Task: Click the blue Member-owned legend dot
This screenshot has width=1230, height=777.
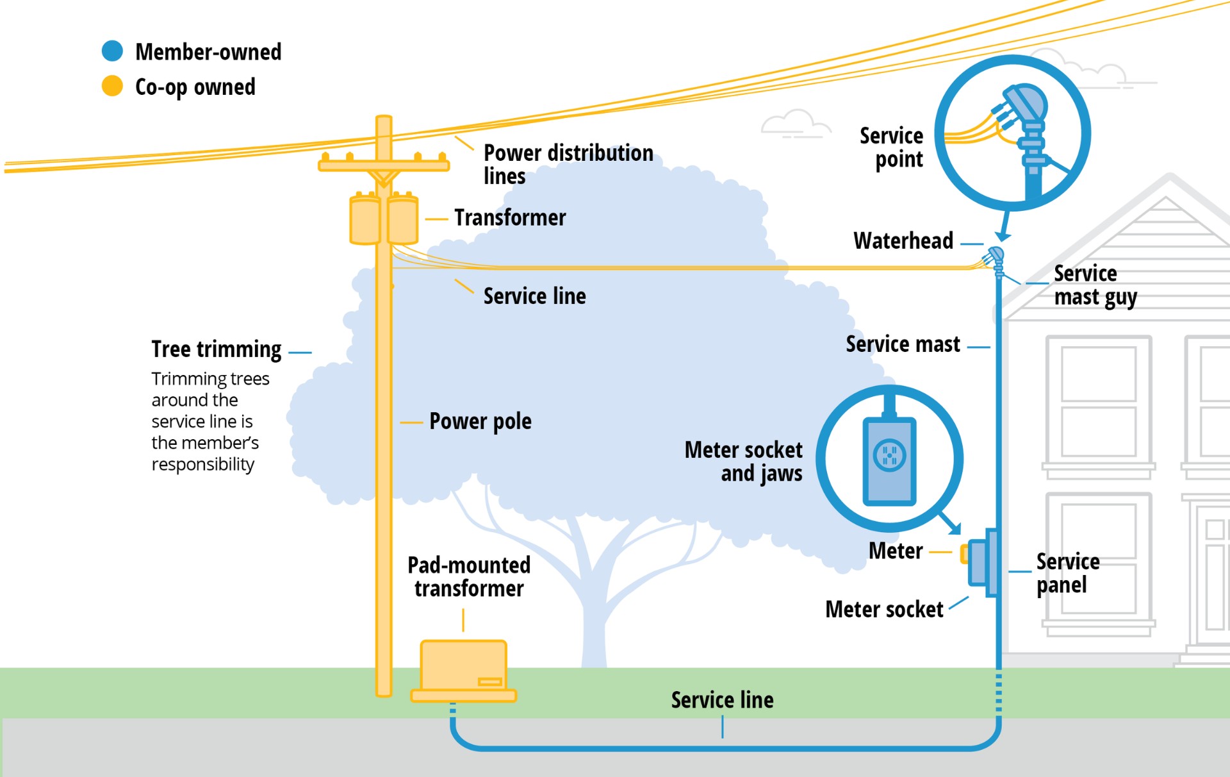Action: point(112,51)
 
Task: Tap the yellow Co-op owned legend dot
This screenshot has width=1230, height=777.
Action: point(112,86)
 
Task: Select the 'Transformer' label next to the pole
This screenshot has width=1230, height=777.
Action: point(510,218)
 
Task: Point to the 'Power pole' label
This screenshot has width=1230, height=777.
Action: point(480,421)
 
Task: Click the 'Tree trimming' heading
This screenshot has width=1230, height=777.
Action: point(216,349)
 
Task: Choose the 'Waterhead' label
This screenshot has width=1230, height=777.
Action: point(903,241)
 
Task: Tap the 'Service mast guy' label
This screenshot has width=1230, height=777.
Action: point(1095,285)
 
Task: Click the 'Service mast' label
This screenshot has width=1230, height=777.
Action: point(903,344)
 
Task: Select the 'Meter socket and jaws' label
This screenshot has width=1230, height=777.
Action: point(743,462)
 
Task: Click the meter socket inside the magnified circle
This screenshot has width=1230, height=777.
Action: point(889,460)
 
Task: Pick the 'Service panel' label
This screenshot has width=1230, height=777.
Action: point(1067,573)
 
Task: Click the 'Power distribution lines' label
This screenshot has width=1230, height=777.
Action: point(568,164)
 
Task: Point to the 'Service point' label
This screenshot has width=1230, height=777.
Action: point(891,147)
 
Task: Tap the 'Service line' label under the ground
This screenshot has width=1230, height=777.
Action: point(722,699)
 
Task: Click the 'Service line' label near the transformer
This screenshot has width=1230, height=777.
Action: point(534,296)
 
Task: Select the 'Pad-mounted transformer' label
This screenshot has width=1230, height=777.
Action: point(469,577)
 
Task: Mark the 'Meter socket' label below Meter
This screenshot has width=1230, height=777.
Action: point(883,609)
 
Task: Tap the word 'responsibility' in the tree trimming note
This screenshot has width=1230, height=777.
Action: point(202,464)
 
